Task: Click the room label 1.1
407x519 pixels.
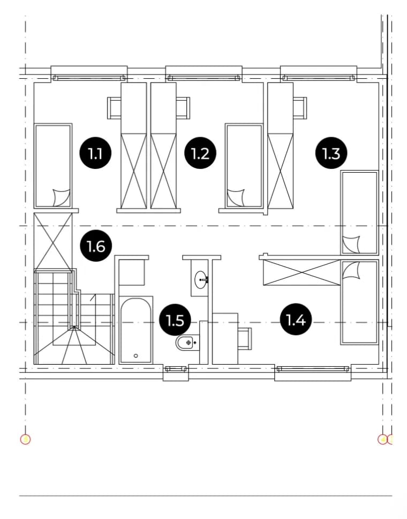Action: coord(95,153)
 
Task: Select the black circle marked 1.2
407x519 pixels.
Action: coord(200,153)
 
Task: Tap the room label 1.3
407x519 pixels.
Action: coord(331,153)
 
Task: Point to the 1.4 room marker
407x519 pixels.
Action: coord(296,320)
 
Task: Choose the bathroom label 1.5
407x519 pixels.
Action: coord(175,320)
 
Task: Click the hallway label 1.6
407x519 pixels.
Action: coord(96,246)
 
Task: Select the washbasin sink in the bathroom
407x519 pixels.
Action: coord(201,280)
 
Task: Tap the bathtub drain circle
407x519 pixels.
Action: coord(136,356)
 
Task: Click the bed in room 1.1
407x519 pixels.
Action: coord(53,166)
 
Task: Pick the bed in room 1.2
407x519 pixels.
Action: coord(244,166)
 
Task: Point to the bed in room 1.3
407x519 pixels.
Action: coord(359,212)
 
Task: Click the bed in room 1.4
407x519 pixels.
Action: coord(360,302)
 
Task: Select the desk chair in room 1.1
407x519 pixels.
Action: coord(114,108)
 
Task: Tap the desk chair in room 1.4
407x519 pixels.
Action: coord(245,338)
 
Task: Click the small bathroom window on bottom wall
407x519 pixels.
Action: coord(176,369)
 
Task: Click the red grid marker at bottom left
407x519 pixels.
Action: coord(26,440)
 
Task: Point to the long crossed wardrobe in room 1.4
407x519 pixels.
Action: coord(302,272)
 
